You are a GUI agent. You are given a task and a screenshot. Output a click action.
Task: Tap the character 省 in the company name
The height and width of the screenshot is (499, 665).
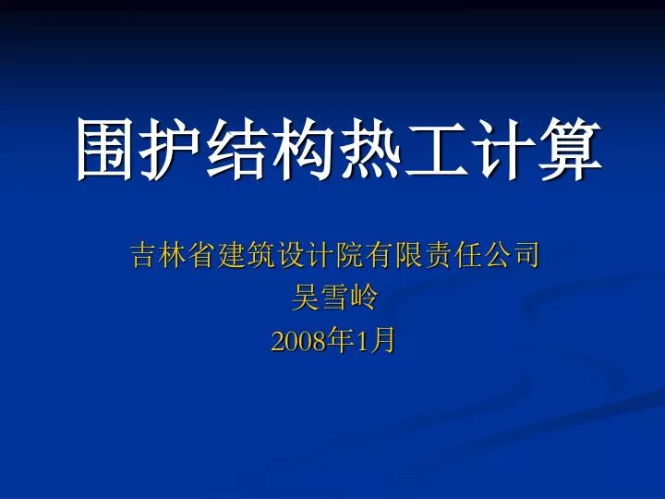201,255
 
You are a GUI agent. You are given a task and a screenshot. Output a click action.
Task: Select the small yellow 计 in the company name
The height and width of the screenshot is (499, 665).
320,255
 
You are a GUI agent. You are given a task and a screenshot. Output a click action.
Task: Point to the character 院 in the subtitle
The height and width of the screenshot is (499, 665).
349,255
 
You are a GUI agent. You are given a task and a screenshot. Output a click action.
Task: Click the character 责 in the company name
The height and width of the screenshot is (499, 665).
437,255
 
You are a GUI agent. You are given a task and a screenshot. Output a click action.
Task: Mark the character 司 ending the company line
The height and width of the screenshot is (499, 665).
526,255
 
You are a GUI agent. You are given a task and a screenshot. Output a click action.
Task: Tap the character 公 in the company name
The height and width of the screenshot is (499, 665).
496,255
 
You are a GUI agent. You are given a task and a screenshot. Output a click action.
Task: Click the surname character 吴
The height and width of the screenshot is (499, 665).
305,297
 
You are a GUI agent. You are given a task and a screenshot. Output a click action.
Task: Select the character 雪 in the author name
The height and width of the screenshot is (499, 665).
334,297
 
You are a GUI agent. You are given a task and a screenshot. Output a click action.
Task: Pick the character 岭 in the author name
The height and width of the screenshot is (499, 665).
364,297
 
